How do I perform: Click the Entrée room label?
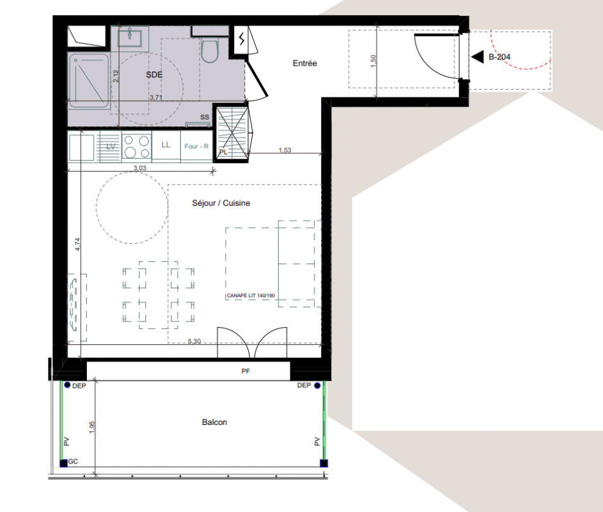tap(304, 63)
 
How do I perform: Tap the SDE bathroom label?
tap(154, 75)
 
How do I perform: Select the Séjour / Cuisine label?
tap(221, 204)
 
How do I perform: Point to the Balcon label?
tap(214, 422)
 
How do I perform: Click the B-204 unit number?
tap(499, 57)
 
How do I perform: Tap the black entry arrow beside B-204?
tap(478, 57)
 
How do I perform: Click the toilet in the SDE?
tap(210, 51)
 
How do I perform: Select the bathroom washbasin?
tap(130, 38)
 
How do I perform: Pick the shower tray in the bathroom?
tap(89, 81)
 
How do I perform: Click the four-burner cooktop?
tap(136, 147)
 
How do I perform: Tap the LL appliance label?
tap(166, 145)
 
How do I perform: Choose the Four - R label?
tap(196, 147)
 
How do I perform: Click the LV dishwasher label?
tap(111, 147)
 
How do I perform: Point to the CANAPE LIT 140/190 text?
tap(251, 296)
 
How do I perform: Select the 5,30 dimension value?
tap(194, 341)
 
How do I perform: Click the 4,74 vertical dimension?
tap(77, 244)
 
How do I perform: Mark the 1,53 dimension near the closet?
tap(285, 150)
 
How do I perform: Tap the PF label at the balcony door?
tap(246, 371)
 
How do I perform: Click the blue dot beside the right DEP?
tap(317, 385)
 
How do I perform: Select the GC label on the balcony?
tap(73, 461)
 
